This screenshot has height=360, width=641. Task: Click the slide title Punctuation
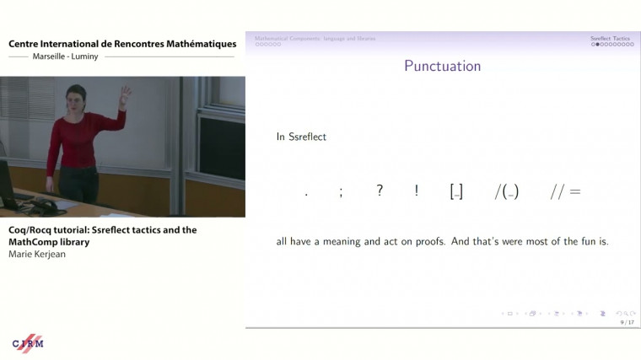[442, 66]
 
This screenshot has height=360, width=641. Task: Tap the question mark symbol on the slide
[380, 191]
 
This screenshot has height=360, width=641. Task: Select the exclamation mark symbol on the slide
[417, 191]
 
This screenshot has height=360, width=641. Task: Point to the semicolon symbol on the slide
[341, 192]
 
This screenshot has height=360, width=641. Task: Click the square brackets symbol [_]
[456, 191]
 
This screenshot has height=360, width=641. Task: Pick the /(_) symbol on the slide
[506, 191]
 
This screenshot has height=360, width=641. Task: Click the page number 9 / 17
[627, 321]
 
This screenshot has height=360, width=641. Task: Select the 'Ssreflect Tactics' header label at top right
[610, 38]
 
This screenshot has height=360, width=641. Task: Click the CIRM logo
[27, 342]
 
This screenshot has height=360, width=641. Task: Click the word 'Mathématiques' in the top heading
[192, 44]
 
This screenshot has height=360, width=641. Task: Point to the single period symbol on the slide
[306, 195]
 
